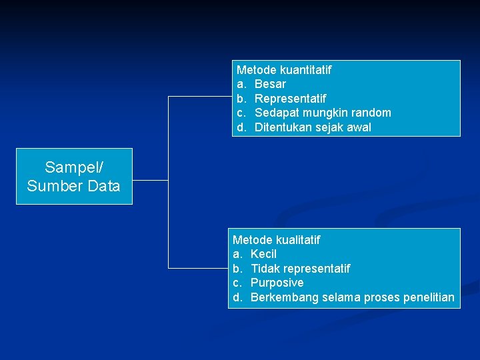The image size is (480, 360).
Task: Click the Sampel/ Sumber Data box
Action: pos(74,176)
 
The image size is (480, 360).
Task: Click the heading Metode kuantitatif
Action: pos(284,69)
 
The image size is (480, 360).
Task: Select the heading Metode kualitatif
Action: pos(276,239)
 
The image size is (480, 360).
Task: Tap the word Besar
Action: pos(270,84)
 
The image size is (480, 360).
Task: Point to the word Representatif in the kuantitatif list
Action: pos(290,99)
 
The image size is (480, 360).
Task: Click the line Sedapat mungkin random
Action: pos(323,113)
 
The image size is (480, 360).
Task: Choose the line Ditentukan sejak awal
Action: pos(313,127)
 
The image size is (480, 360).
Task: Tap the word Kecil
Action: pos(263,254)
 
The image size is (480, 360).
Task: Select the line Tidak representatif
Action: pos(300,269)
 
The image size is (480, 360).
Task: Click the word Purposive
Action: pos(277,283)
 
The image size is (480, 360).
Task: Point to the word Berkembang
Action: pos(285,297)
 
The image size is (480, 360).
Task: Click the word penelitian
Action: pos(429,297)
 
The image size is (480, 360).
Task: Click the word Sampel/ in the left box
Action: pos(74,167)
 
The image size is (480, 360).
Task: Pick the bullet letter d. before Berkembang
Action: pos(238,297)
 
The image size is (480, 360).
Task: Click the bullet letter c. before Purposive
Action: pos(237,283)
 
